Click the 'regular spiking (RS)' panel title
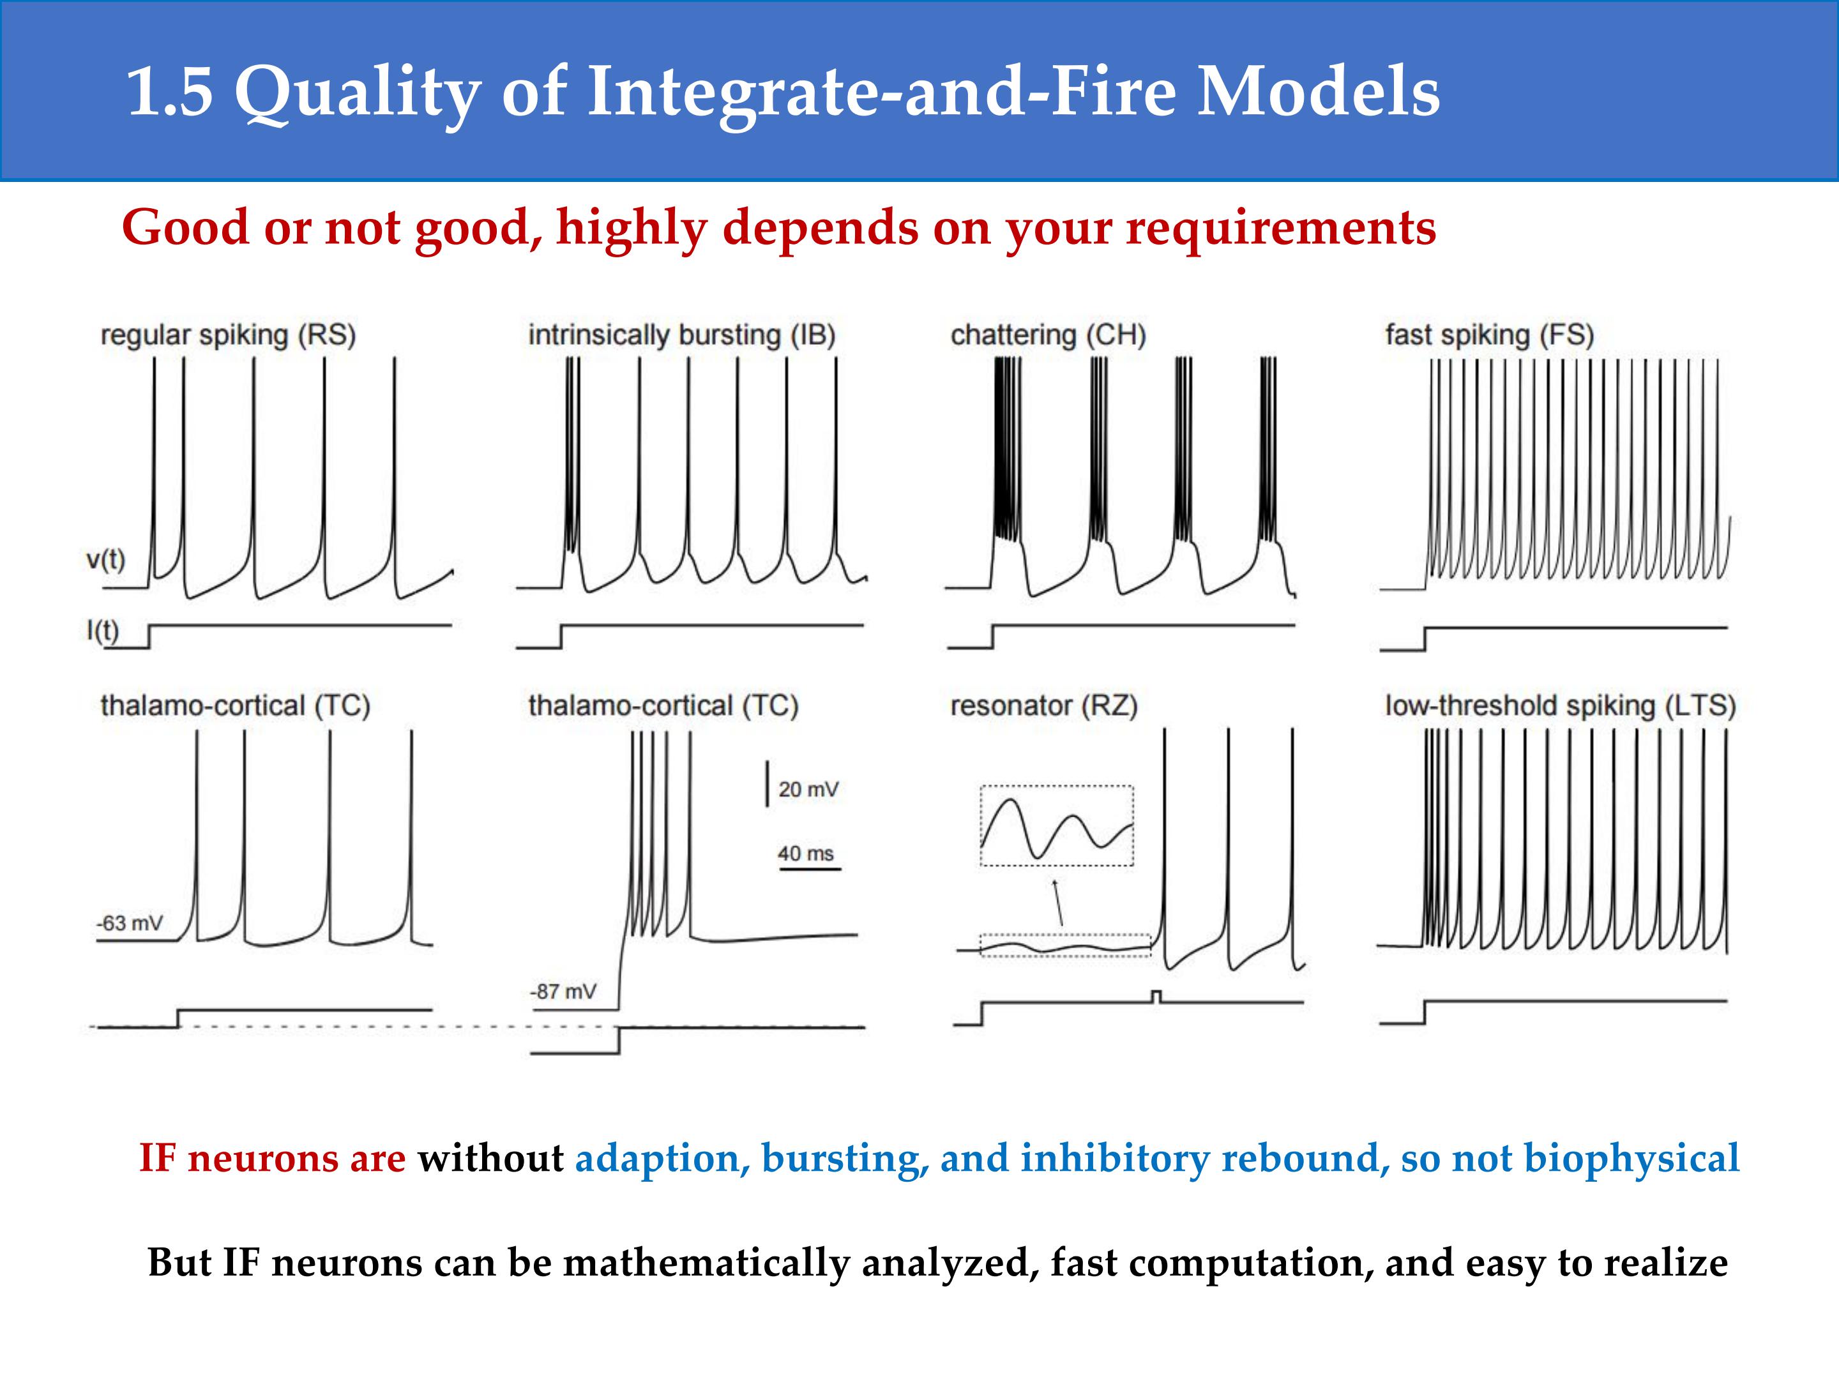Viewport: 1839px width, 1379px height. point(228,335)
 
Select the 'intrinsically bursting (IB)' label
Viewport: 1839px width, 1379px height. point(682,335)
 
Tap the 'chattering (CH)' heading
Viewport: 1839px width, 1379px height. point(1048,335)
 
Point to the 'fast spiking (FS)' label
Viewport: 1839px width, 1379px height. point(1490,335)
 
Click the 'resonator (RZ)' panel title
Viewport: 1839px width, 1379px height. point(1044,705)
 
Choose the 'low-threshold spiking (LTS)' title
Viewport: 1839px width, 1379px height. point(1561,705)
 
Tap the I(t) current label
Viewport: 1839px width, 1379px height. point(102,631)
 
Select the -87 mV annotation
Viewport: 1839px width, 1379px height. point(563,991)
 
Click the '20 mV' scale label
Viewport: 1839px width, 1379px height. point(808,789)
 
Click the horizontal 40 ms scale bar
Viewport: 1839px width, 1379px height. point(810,870)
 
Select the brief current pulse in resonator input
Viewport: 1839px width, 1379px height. point(1156,997)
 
